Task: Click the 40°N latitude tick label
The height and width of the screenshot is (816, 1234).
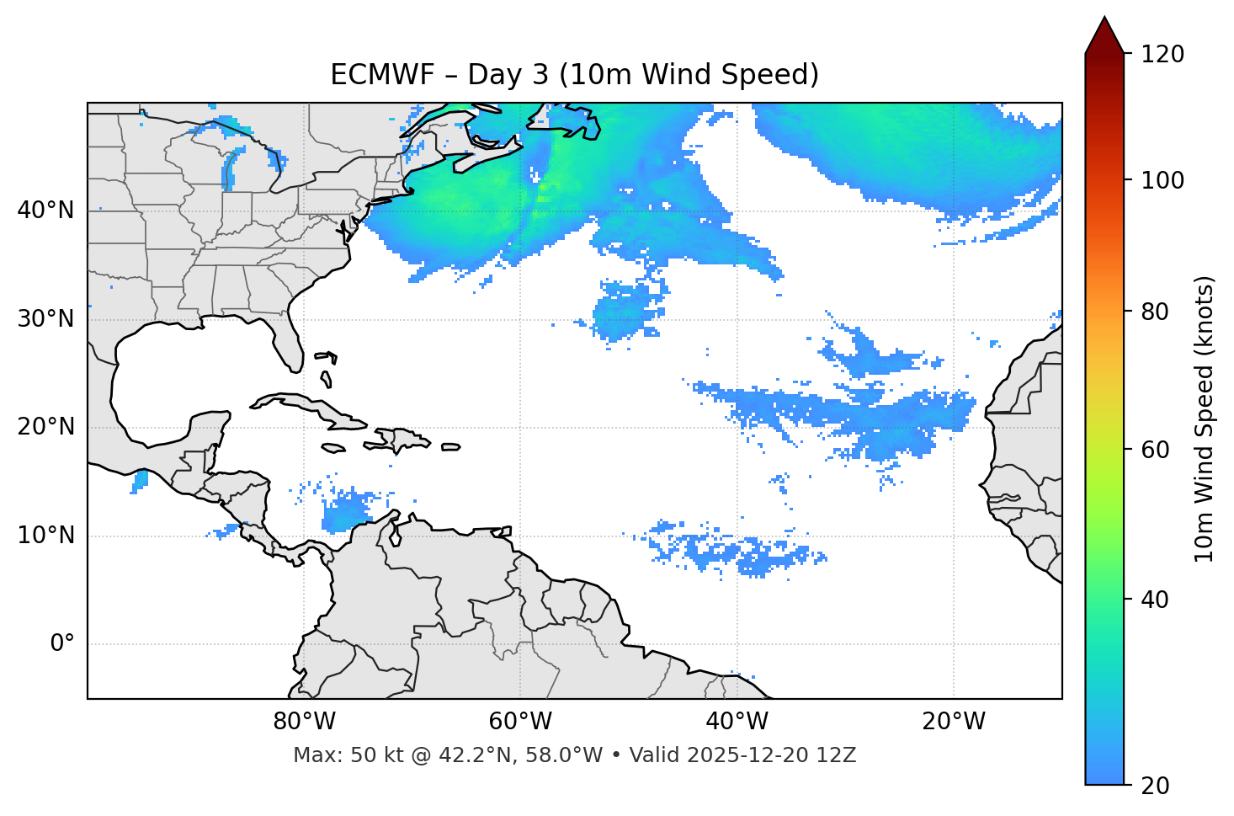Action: click(45, 211)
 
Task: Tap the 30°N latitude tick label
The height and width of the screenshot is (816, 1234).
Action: click(45, 319)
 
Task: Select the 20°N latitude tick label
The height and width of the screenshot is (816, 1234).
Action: click(45, 427)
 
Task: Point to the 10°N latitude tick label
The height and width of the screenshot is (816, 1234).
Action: click(45, 536)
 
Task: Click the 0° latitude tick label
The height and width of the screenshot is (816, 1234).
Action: click(62, 644)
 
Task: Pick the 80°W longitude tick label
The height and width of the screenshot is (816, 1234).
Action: click(304, 722)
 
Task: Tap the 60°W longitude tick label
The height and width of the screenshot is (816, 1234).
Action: click(520, 722)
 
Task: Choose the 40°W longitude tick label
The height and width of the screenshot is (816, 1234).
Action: click(737, 722)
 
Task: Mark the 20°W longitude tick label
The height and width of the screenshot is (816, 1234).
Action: click(953, 722)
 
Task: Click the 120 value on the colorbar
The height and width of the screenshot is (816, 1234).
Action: click(1162, 54)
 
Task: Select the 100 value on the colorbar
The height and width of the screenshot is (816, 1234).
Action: click(1162, 180)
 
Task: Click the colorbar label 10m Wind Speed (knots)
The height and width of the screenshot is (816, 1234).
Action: click(1205, 419)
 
